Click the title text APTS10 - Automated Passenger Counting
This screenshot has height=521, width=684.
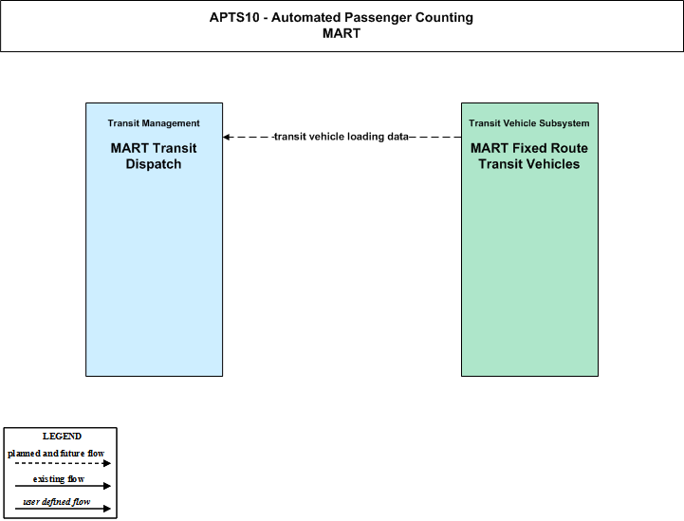click(342, 17)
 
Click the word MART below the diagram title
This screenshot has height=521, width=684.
click(342, 33)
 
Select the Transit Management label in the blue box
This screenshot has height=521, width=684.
click(154, 123)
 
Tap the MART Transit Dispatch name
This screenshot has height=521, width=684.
click(154, 156)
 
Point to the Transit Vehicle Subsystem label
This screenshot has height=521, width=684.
click(529, 123)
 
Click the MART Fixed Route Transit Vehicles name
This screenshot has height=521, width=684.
click(529, 156)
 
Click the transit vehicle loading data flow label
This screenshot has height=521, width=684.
click(342, 137)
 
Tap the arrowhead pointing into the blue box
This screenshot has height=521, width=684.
click(226, 137)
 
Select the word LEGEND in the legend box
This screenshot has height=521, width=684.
click(62, 437)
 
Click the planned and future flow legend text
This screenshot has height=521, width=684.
click(56, 454)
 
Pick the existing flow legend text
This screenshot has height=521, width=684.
click(59, 479)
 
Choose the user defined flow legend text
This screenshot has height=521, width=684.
click(57, 502)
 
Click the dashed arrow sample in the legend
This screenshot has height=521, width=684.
click(63, 463)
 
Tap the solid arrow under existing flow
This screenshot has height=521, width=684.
click(63, 486)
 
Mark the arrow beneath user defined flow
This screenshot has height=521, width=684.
click(63, 509)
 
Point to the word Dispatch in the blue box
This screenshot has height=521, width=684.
click(154, 164)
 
